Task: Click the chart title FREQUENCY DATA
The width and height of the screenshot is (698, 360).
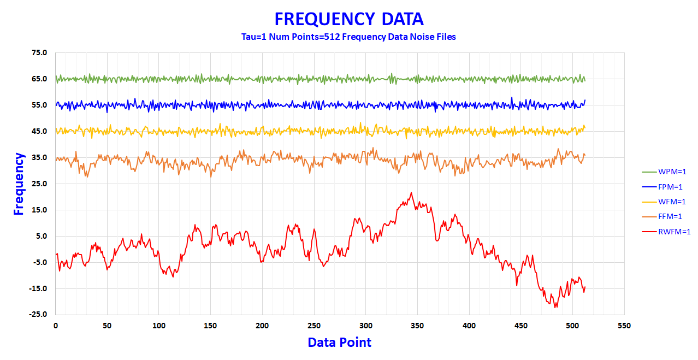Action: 348,19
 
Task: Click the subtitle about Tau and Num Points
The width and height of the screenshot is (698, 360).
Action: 348,37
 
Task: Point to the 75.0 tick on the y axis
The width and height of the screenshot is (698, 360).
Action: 40,53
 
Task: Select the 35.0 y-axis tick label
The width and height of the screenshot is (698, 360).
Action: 40,158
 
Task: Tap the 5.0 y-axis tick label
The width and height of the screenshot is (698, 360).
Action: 42,237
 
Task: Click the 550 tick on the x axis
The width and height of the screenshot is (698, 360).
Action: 624,326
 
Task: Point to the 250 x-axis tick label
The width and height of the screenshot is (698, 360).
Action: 314,326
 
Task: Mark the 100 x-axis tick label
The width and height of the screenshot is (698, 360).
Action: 159,326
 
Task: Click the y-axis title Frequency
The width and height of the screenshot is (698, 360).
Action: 19,184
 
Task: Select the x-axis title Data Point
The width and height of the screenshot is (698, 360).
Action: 339,343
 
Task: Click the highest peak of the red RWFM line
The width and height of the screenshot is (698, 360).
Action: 411,193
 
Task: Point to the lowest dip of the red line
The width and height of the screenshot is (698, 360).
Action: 556,308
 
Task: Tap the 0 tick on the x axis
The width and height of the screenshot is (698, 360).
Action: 56,326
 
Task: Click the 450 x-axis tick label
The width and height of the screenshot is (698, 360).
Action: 520,326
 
